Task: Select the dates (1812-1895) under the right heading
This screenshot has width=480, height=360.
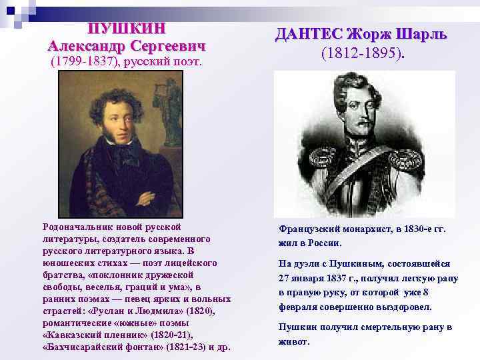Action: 362,53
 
